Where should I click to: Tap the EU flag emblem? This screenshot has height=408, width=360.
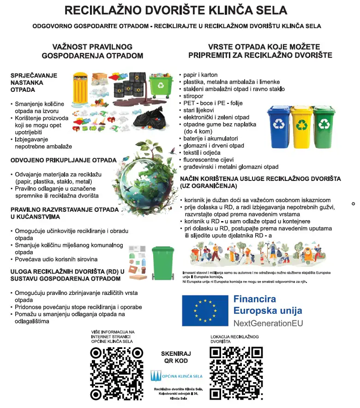205,310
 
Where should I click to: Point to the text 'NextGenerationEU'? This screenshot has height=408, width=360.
268,323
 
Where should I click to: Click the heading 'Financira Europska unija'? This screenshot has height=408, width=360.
268,305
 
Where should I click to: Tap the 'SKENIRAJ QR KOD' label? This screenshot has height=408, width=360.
176,357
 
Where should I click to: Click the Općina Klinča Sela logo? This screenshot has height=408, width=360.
176,376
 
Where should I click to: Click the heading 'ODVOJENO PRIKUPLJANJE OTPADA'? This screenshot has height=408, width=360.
63,160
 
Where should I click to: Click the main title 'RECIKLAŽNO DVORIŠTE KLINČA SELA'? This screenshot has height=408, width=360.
175,10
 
